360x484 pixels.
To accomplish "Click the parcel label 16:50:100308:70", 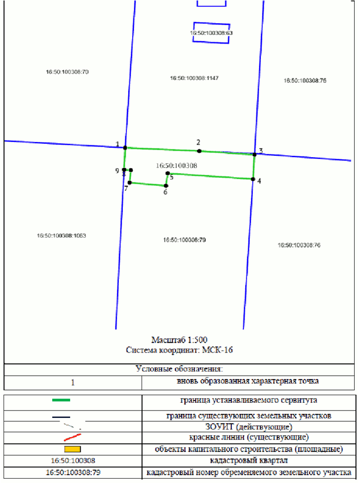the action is click(67, 72).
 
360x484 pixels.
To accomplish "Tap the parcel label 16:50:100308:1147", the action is click(194, 78).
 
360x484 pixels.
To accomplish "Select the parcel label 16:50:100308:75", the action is click(305, 81).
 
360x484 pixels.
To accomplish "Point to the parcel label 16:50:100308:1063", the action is click(61, 235).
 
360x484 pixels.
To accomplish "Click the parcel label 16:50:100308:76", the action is click(299, 245).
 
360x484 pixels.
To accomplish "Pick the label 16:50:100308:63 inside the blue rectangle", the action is click(211, 32).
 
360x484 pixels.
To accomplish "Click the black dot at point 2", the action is click(199, 151).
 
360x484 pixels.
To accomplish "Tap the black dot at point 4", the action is click(253, 179).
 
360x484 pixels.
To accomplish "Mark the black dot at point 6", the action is click(166, 185).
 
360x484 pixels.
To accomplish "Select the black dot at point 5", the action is click(168, 173).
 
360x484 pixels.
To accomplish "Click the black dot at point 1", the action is click(125, 148).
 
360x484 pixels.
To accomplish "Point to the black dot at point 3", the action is click(254, 154).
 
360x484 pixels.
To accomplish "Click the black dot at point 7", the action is click(130, 183).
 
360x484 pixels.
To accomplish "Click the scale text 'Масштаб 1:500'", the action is click(179, 340).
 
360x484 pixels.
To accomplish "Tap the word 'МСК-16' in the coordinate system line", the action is click(217, 350).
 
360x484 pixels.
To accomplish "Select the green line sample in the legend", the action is click(61, 400).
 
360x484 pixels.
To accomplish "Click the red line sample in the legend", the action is click(72, 437).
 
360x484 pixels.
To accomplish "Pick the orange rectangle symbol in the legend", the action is click(72, 449).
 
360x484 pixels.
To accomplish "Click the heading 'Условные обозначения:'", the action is click(179, 369).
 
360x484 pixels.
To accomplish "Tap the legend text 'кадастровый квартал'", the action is click(249, 461).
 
